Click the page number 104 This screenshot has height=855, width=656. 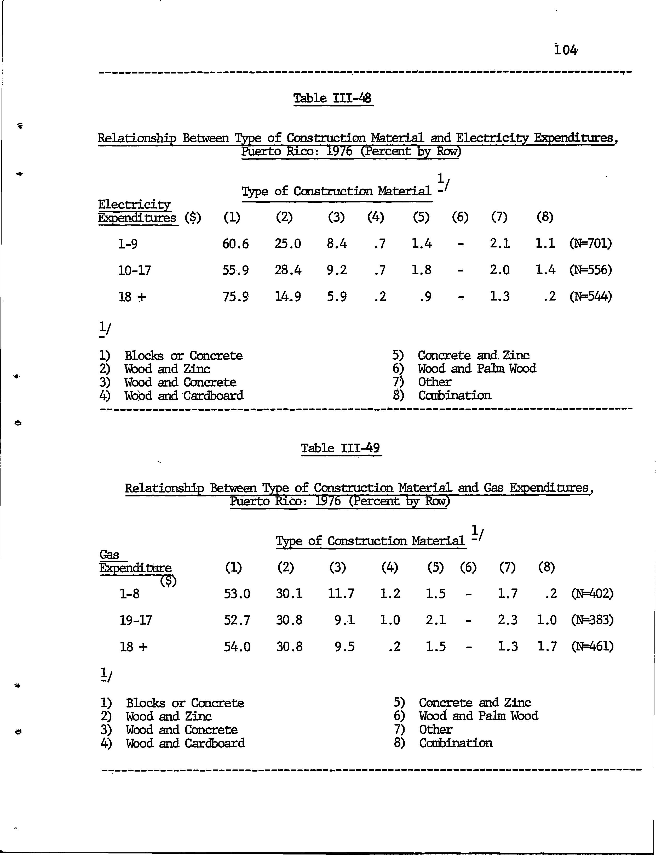tap(565, 50)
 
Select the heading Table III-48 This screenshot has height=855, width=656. tap(333, 98)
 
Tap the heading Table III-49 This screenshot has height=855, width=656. tap(341, 448)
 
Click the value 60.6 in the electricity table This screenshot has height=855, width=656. tap(235, 244)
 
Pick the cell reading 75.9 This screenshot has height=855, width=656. tap(235, 297)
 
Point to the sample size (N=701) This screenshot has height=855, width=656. tap(590, 244)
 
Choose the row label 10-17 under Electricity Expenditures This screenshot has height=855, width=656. tap(134, 270)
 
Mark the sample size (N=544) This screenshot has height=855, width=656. tap(590, 297)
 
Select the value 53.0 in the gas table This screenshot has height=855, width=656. tap(237, 594)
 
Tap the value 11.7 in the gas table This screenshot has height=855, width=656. tap(342, 594)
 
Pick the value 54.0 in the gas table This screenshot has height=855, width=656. tap(237, 647)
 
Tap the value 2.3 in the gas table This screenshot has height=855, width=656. tap(508, 620)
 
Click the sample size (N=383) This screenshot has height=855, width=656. tap(592, 620)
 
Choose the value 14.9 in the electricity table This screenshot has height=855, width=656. tap(288, 297)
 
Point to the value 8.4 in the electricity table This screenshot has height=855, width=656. tap(337, 244)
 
